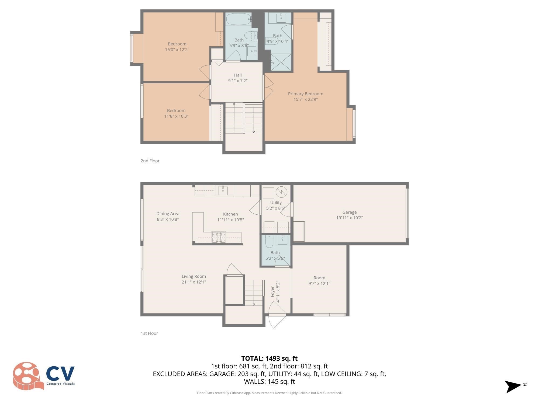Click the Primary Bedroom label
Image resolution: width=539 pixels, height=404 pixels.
point(305,94)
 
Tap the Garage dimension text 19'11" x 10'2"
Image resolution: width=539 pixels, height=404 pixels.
point(349,218)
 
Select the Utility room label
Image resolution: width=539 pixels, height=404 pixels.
point(276,203)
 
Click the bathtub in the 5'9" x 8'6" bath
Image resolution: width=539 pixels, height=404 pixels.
point(239,19)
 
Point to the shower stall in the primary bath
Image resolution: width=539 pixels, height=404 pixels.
point(281,62)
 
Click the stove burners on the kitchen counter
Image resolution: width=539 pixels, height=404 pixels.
point(219,237)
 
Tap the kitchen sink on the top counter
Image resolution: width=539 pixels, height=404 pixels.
point(223,190)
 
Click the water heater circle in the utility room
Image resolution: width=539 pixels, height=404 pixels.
point(282,192)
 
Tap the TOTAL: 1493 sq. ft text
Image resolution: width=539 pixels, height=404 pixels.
point(269,358)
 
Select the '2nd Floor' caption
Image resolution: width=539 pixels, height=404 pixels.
point(150,161)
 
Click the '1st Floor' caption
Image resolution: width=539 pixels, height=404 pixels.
point(149,333)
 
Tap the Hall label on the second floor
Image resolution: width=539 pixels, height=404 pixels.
point(238,75)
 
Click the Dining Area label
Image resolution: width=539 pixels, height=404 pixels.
point(168,214)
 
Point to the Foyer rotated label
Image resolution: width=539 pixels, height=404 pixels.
point(272,292)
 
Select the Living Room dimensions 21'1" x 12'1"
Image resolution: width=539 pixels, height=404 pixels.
point(194,282)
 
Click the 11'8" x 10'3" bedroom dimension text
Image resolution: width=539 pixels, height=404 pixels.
point(176,116)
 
